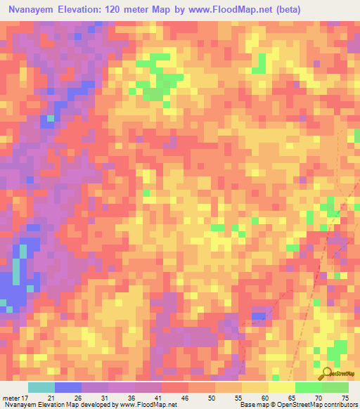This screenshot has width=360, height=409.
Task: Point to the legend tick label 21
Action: (51, 397)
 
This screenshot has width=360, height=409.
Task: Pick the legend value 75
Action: (345, 397)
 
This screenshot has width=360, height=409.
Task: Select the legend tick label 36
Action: (131, 397)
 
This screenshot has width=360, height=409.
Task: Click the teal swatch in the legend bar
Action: (41, 387)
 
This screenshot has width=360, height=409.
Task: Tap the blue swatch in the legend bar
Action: (68, 387)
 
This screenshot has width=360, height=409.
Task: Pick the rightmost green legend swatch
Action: (335, 387)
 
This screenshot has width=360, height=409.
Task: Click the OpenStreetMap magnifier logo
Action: (328, 372)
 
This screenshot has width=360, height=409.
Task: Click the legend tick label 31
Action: (104, 397)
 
